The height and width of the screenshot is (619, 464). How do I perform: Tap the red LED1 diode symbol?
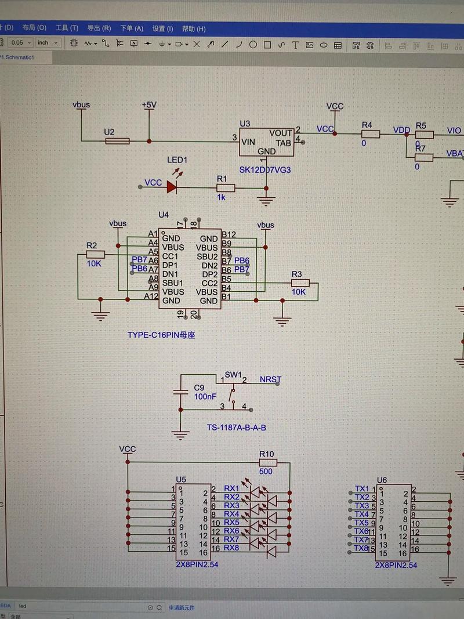click(172, 187)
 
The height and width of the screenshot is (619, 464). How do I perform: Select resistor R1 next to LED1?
click(226, 187)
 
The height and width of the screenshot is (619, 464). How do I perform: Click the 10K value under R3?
click(298, 292)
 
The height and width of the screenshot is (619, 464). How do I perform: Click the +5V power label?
click(149, 105)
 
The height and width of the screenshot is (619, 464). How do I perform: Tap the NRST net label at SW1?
click(270, 380)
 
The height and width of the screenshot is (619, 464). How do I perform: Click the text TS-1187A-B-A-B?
click(237, 428)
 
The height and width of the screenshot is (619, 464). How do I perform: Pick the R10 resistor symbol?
click(268, 463)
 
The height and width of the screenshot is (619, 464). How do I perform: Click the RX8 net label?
click(231, 548)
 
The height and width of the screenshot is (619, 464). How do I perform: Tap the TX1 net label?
click(362, 489)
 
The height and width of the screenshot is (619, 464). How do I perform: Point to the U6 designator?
click(382, 480)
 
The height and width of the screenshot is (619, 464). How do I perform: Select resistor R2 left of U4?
click(95, 254)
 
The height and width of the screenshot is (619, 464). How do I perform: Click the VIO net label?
click(454, 131)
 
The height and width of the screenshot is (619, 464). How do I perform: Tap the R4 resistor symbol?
click(369, 135)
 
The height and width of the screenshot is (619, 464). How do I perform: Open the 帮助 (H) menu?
click(194, 28)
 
